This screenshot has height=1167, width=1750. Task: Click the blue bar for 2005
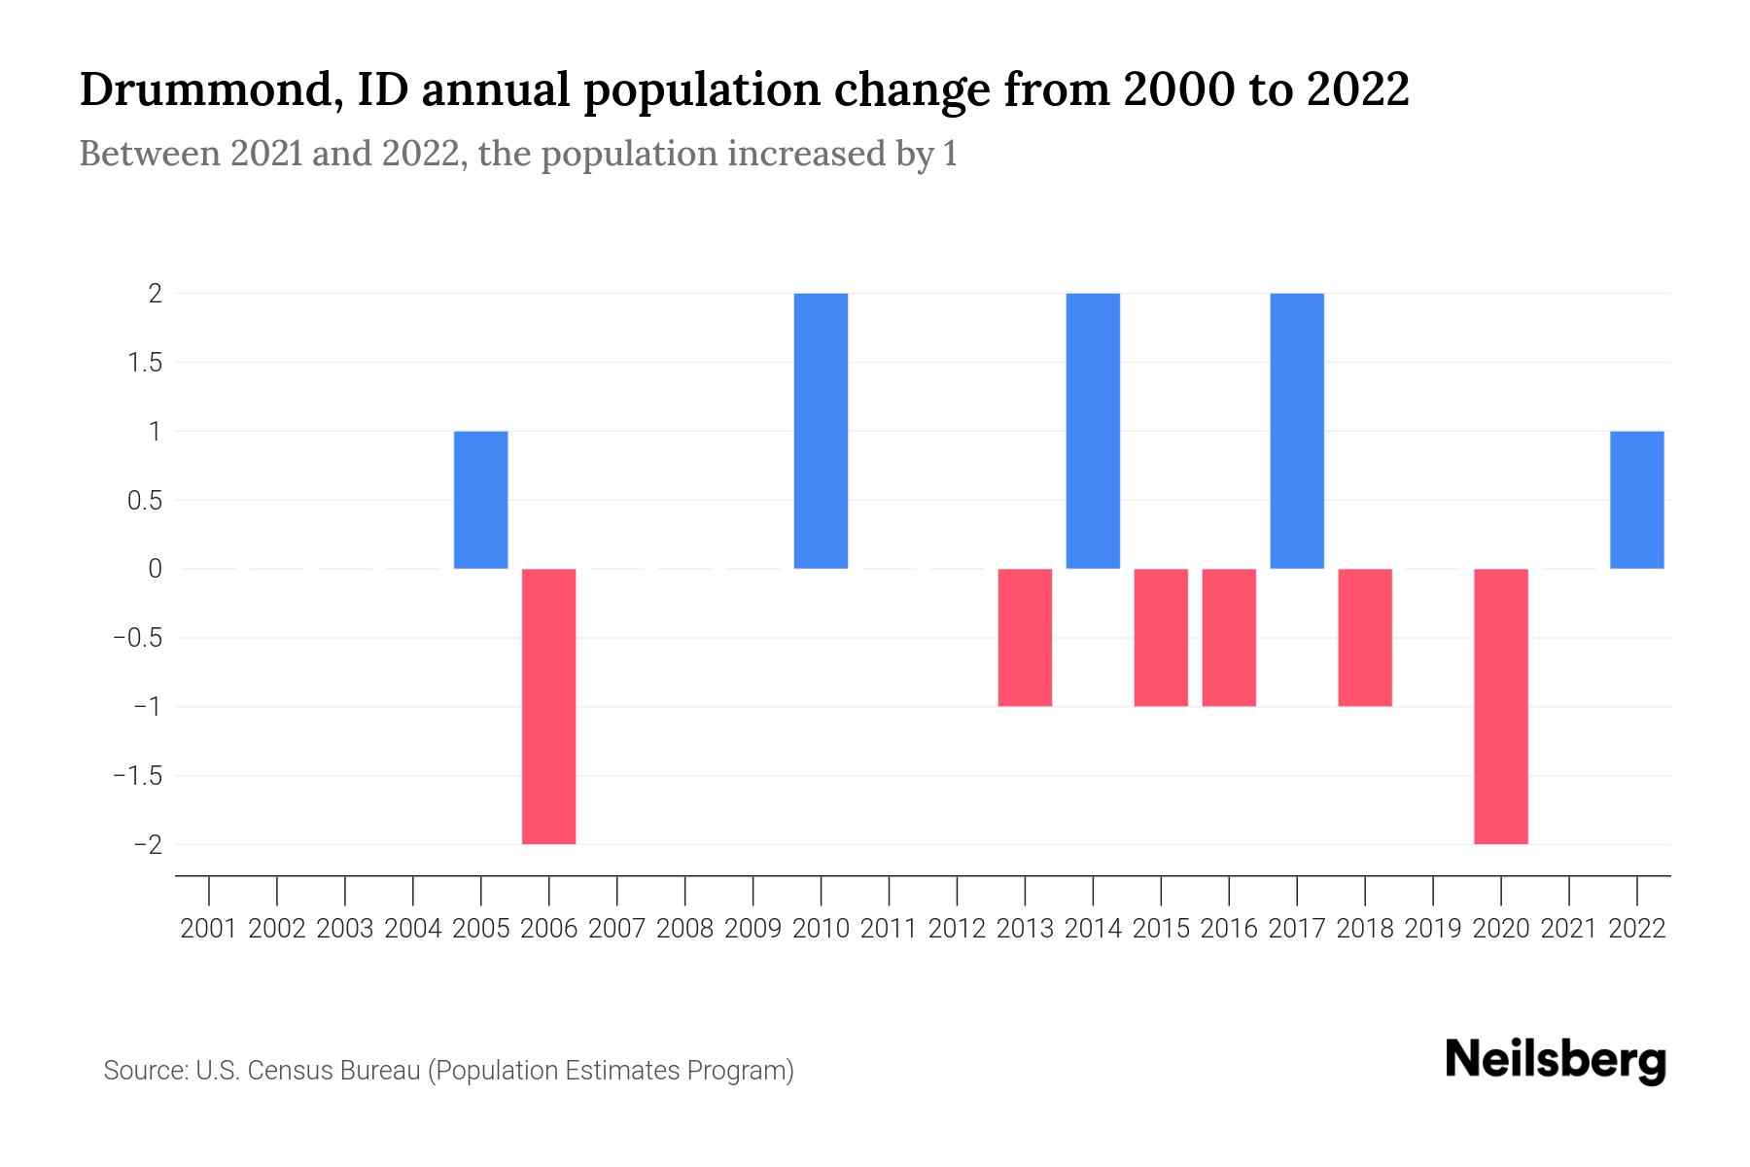coord(480,500)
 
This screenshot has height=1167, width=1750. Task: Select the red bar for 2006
coord(548,706)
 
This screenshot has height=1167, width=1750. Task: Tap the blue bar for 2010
coord(821,431)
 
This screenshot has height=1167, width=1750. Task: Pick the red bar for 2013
coord(1025,637)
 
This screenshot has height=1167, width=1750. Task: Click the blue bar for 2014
coord(1093,431)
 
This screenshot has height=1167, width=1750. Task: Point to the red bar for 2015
coord(1161,637)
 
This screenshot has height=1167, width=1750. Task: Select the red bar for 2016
coord(1229,637)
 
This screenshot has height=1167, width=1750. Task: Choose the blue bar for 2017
coord(1297,431)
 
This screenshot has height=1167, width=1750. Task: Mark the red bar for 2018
coord(1365,637)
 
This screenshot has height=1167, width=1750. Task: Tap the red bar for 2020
coord(1500,706)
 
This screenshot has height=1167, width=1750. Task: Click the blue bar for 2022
coord(1636,500)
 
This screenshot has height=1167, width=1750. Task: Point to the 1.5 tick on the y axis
coord(142,363)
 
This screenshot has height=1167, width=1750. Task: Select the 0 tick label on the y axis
coord(155,569)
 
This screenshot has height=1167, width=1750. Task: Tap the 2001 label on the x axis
coord(209,929)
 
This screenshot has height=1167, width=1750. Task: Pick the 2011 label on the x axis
coord(889,929)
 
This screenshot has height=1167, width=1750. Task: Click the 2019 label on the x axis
coord(1433,929)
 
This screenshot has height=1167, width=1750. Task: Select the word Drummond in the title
coord(207,89)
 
